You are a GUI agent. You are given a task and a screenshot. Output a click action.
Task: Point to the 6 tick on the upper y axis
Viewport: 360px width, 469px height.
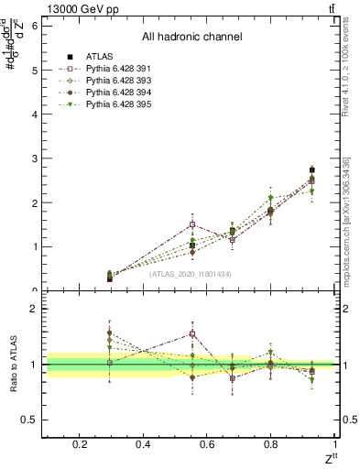(x=34, y=26)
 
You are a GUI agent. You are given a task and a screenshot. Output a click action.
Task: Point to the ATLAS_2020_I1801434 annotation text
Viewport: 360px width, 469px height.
(x=190, y=274)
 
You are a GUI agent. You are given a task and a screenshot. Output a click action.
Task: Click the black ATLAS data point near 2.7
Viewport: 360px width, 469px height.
(x=311, y=170)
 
